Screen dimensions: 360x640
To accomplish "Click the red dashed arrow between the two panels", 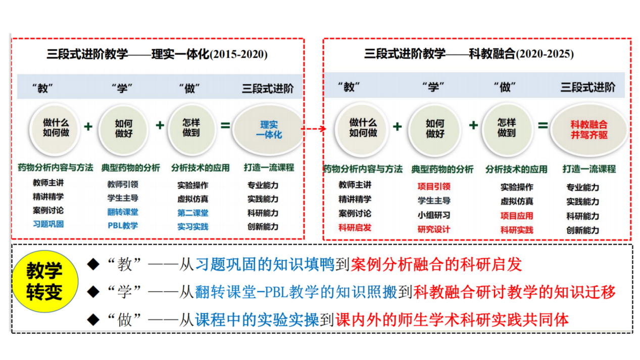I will [x=314, y=128].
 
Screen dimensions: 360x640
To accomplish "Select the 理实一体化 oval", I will [x=268, y=129].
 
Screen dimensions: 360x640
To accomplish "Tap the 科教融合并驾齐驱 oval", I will [x=589, y=129].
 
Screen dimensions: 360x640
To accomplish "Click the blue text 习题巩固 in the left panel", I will [x=48, y=224].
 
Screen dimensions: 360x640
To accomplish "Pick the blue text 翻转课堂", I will [x=123, y=212].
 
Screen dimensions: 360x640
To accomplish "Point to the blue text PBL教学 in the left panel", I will [x=123, y=225].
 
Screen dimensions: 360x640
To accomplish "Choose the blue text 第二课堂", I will [x=192, y=213].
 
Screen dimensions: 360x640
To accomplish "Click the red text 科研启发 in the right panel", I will [x=355, y=227].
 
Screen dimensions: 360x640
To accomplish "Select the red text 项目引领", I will [x=434, y=186].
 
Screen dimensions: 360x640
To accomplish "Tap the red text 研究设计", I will [x=434, y=229].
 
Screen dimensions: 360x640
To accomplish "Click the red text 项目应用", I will [x=517, y=216].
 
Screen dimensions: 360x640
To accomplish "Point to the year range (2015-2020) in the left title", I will [x=238, y=54].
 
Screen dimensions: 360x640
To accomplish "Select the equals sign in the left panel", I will [x=226, y=126].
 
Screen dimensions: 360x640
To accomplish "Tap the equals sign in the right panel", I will [x=543, y=125].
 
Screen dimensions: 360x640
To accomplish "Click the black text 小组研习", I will [x=434, y=215].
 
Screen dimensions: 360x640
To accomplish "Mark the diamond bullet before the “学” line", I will [x=92, y=291].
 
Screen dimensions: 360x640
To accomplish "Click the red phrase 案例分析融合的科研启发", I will [x=436, y=264].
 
